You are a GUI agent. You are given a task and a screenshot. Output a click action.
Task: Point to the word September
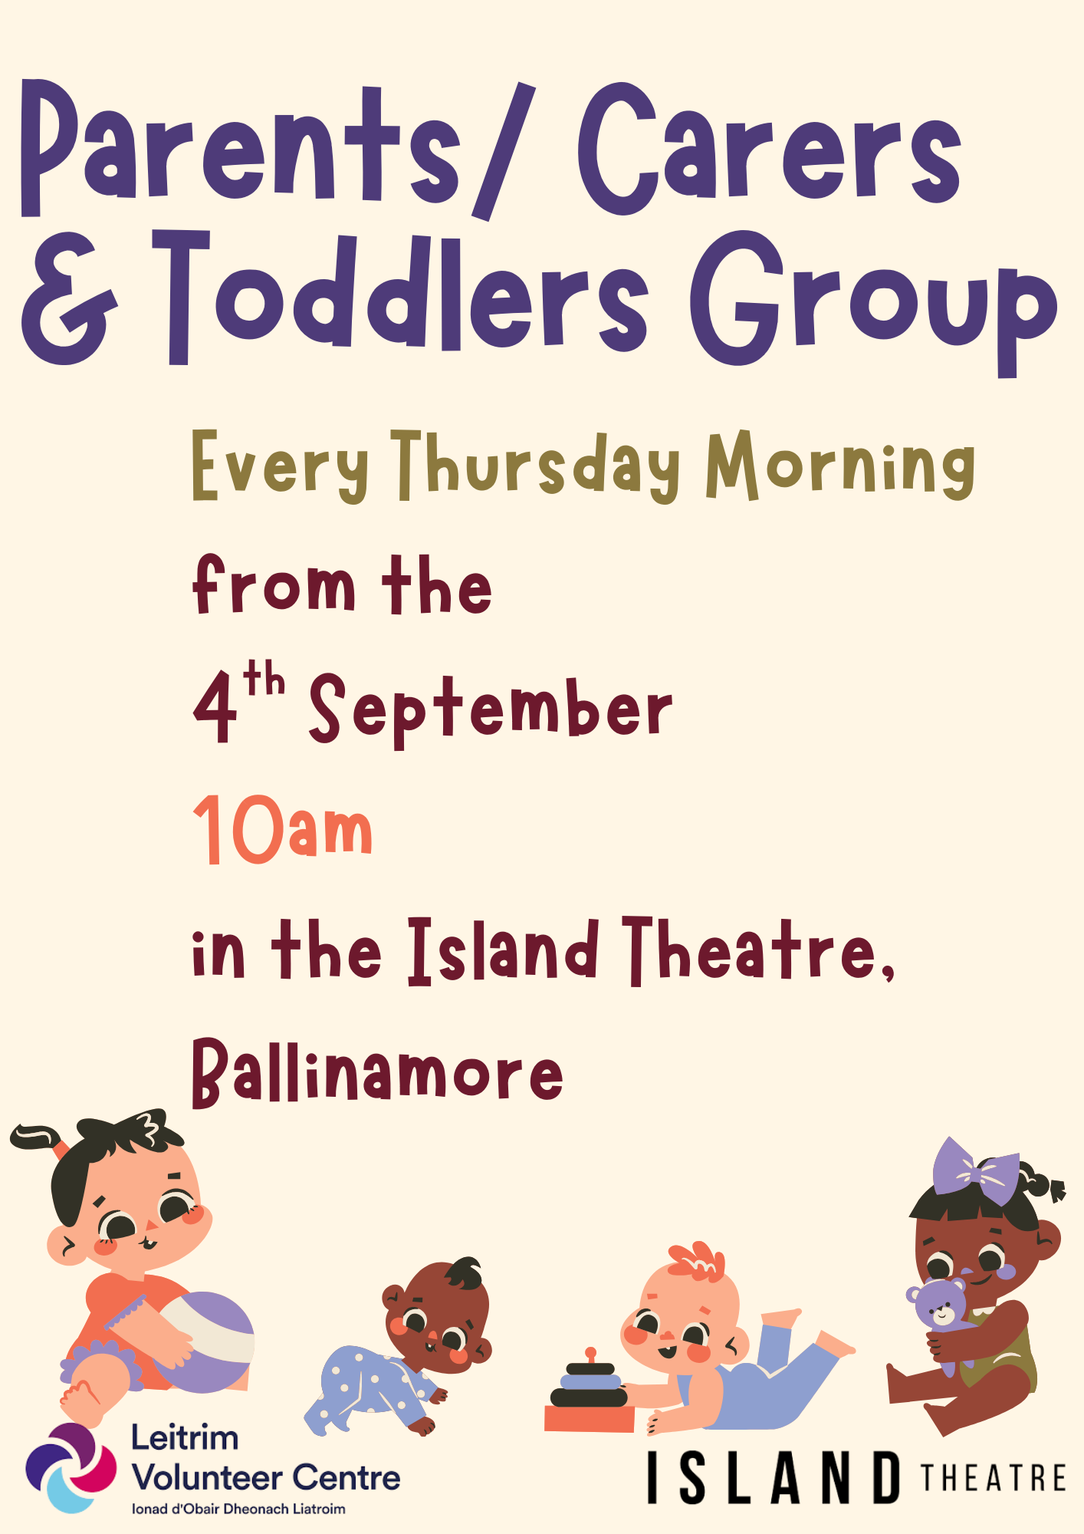(x=491, y=710)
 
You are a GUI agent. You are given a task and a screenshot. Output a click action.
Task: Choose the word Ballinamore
(x=377, y=1071)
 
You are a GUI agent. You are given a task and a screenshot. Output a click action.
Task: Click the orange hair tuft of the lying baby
(x=697, y=1261)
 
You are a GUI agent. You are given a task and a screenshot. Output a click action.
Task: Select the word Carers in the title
(x=769, y=150)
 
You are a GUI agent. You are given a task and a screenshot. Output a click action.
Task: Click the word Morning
(x=840, y=466)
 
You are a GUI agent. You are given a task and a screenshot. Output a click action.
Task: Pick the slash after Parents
(x=503, y=150)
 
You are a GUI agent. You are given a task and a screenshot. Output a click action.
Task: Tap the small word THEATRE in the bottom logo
(x=994, y=1477)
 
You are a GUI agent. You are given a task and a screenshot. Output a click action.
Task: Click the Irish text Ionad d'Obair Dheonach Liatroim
(x=238, y=1509)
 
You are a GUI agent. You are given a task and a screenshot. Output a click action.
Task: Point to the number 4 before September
(x=214, y=708)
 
